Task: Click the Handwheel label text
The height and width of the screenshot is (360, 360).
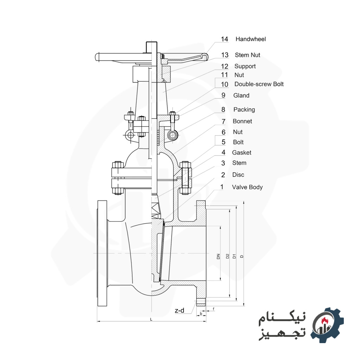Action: [x=250, y=39]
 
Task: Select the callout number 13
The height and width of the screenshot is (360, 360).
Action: [x=225, y=55]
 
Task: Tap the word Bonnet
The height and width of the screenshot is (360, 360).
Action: [x=242, y=121]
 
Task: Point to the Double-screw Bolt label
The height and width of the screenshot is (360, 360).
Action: [x=259, y=84]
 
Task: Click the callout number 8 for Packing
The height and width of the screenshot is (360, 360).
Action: [x=223, y=110]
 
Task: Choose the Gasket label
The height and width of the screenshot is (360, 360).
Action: [x=242, y=153]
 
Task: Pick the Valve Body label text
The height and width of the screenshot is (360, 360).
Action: [x=247, y=187]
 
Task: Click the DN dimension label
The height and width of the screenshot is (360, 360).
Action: [x=218, y=256]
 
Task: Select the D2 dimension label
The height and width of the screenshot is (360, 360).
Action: [x=227, y=256]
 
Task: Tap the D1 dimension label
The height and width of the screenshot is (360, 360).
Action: [x=234, y=256]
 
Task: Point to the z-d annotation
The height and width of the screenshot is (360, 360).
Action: [x=179, y=310]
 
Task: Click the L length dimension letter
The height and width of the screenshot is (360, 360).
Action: [x=151, y=319]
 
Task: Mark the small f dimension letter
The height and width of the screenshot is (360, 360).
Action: [x=213, y=308]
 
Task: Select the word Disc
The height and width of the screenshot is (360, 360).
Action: [x=238, y=175]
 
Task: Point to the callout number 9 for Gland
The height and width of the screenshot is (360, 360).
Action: [x=223, y=96]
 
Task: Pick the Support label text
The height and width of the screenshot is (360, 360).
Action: [x=245, y=66]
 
